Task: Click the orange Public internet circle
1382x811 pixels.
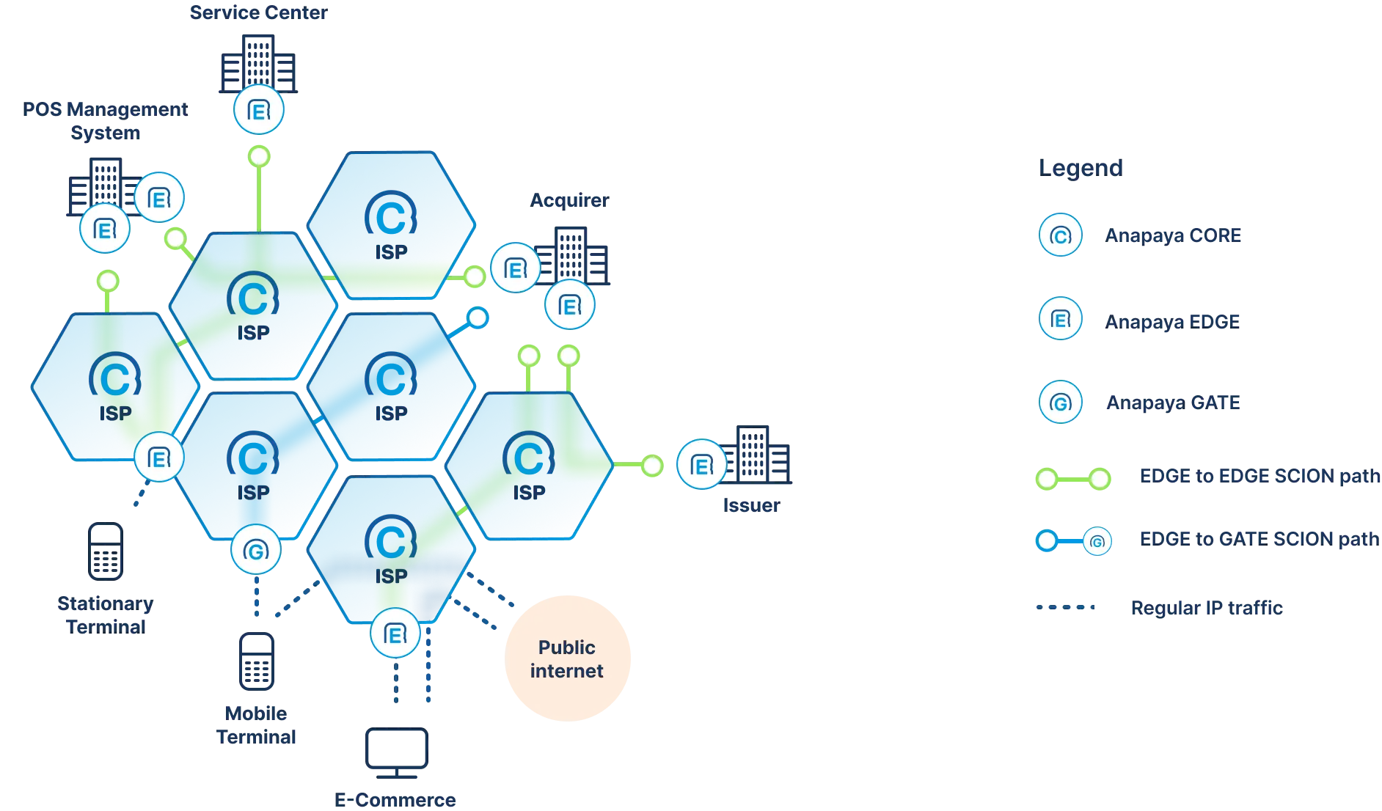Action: tap(568, 658)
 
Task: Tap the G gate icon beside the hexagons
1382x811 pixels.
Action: tap(255, 550)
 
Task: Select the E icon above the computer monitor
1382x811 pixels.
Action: tap(395, 634)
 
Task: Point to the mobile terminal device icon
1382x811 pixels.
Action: tap(256, 661)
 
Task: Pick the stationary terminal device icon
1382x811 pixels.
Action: tap(105, 551)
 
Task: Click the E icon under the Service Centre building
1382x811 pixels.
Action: tap(258, 110)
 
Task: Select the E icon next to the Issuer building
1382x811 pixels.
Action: tap(701, 465)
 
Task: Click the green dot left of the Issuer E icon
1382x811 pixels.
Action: tap(652, 465)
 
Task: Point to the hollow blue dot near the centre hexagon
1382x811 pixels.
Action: tap(478, 318)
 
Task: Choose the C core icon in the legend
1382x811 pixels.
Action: tap(1060, 235)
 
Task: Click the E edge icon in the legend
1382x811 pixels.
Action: tap(1060, 319)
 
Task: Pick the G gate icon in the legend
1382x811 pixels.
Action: tap(1060, 402)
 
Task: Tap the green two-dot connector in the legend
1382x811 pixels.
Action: tap(1073, 479)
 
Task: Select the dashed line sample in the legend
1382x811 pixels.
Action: tap(1065, 607)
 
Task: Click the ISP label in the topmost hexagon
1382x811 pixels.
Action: tap(391, 252)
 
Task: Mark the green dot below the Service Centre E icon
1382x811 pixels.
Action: tap(259, 156)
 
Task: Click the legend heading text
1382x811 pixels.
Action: tap(1081, 169)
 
